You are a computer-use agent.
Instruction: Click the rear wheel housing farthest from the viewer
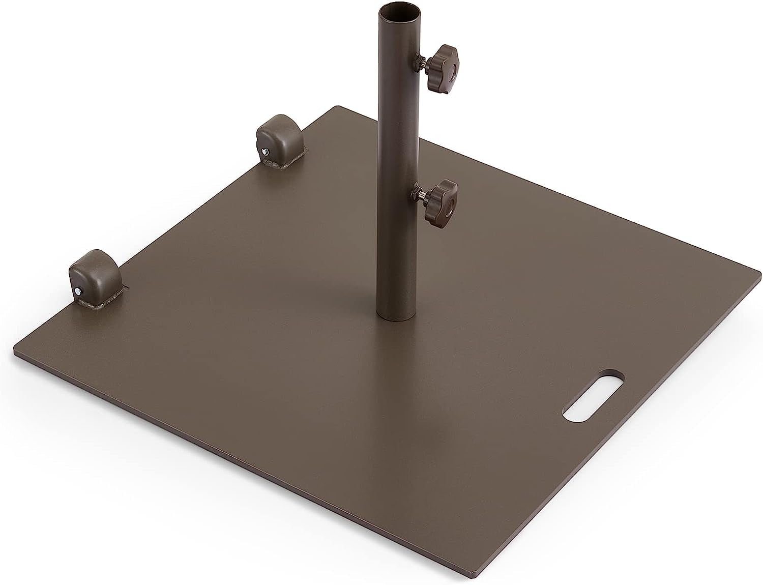click(x=278, y=141)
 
